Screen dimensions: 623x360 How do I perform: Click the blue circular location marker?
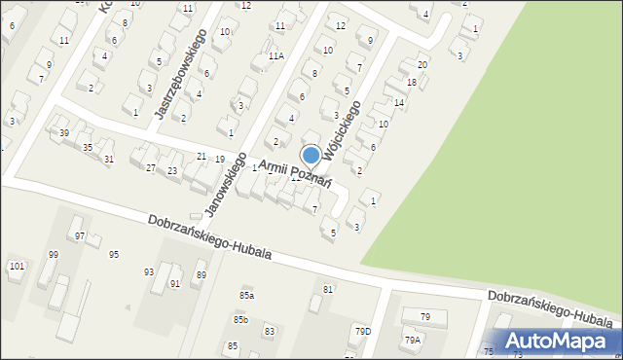311,155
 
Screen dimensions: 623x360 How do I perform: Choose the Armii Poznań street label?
295,175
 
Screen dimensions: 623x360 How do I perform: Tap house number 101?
17,266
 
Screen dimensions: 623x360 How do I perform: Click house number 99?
54,255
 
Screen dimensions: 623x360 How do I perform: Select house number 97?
80,236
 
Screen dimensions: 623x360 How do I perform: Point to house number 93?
149,271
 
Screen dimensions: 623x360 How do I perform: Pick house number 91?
175,284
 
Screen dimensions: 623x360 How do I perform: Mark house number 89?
201,275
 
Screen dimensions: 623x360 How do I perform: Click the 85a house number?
246,295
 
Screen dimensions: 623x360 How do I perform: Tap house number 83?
269,331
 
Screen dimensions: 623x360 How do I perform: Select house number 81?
328,289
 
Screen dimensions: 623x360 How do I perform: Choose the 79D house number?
362,332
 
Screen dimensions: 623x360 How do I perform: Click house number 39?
64,132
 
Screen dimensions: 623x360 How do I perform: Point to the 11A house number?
276,57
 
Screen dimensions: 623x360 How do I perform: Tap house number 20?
421,64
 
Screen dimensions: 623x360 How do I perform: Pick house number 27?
151,168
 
